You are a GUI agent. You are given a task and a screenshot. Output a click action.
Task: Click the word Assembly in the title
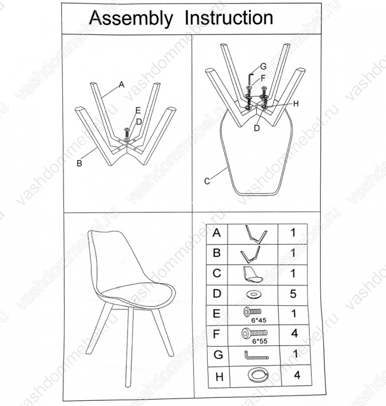coord(131,19)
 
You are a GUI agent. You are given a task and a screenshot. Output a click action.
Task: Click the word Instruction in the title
coord(229,17)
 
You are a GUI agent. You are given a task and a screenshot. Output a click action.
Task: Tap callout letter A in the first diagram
coord(121,84)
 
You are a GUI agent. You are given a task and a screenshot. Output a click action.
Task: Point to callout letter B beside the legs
coord(79,163)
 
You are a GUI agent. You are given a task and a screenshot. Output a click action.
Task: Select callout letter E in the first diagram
coord(138,111)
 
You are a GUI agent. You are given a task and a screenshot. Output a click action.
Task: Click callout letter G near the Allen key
coord(263,66)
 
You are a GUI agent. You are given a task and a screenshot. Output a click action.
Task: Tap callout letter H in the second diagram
coord(296,104)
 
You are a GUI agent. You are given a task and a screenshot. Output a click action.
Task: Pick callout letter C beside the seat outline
coord(207,181)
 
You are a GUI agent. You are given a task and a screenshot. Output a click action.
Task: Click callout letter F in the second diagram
coord(263,78)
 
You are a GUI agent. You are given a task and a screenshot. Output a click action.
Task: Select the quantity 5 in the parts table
coord(293,294)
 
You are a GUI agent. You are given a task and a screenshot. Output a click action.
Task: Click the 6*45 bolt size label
coord(258,320)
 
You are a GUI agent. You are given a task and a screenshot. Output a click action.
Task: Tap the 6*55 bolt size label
coord(260,341)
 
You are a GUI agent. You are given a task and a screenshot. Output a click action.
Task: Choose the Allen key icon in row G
coord(256,355)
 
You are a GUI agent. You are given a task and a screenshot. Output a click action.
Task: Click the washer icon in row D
coord(254,294)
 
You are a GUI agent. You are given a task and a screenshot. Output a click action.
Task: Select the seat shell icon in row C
coord(253,275)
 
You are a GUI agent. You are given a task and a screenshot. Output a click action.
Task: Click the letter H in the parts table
coord(219,377)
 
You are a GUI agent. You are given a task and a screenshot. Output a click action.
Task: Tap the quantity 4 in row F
coord(295,333)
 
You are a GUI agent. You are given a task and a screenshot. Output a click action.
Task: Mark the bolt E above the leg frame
coord(127,133)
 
